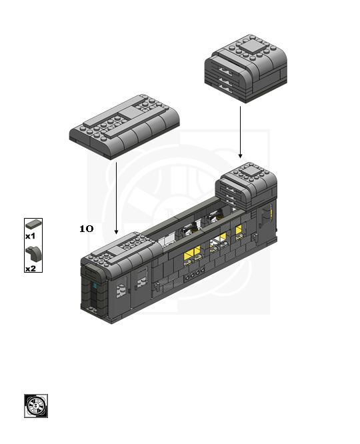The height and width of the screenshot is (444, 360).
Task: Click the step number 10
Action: pos(87,229)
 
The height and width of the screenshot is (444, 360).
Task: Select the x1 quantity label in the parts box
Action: pos(30,236)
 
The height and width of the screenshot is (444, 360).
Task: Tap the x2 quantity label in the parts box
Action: pos(31,269)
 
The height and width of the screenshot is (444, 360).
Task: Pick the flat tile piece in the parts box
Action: pos(33,224)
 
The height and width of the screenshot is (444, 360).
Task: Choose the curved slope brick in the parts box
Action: pos(33,254)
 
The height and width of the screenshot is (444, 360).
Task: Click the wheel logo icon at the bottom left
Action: pos(36,406)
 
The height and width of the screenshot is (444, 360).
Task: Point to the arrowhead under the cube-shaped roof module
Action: pos(240,156)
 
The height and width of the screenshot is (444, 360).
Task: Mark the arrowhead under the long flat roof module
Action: pos(116,232)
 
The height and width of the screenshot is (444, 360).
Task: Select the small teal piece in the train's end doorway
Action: pos(95,285)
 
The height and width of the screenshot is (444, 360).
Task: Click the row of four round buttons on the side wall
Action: pos(195,274)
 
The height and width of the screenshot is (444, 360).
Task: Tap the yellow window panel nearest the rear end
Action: pos(239,230)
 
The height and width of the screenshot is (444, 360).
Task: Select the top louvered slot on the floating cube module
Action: pos(226,69)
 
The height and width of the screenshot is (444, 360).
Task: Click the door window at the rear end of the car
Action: pos(266,216)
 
